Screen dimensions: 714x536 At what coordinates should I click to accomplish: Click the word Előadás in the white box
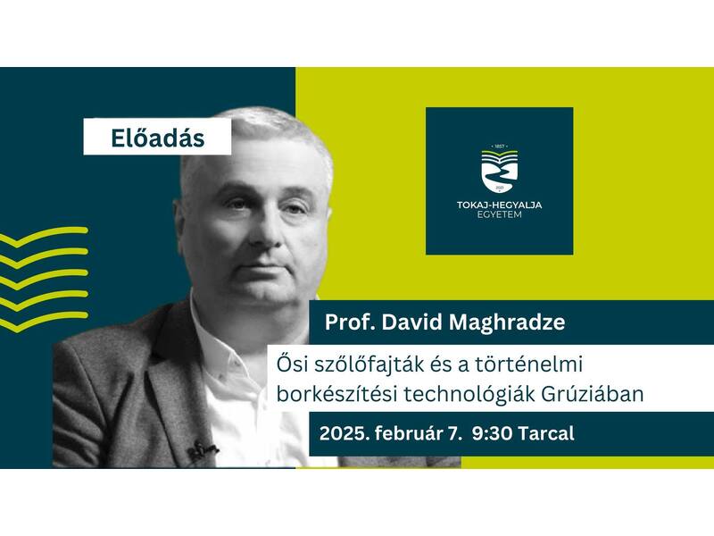pyautogui.click(x=158, y=138)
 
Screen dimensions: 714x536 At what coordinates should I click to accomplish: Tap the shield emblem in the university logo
pyautogui.click(x=500, y=171)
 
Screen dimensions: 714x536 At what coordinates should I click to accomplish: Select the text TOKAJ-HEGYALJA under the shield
pyautogui.click(x=500, y=205)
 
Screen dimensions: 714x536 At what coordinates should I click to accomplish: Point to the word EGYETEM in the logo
pyautogui.click(x=500, y=214)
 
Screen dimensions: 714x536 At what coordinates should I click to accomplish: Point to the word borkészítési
pyautogui.click(x=336, y=394)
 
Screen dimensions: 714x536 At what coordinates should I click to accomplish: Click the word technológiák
pyautogui.click(x=469, y=395)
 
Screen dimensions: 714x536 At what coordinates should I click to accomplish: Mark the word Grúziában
pyautogui.click(x=593, y=394)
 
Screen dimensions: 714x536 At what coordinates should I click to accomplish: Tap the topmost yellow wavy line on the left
pyautogui.click(x=44, y=236)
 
